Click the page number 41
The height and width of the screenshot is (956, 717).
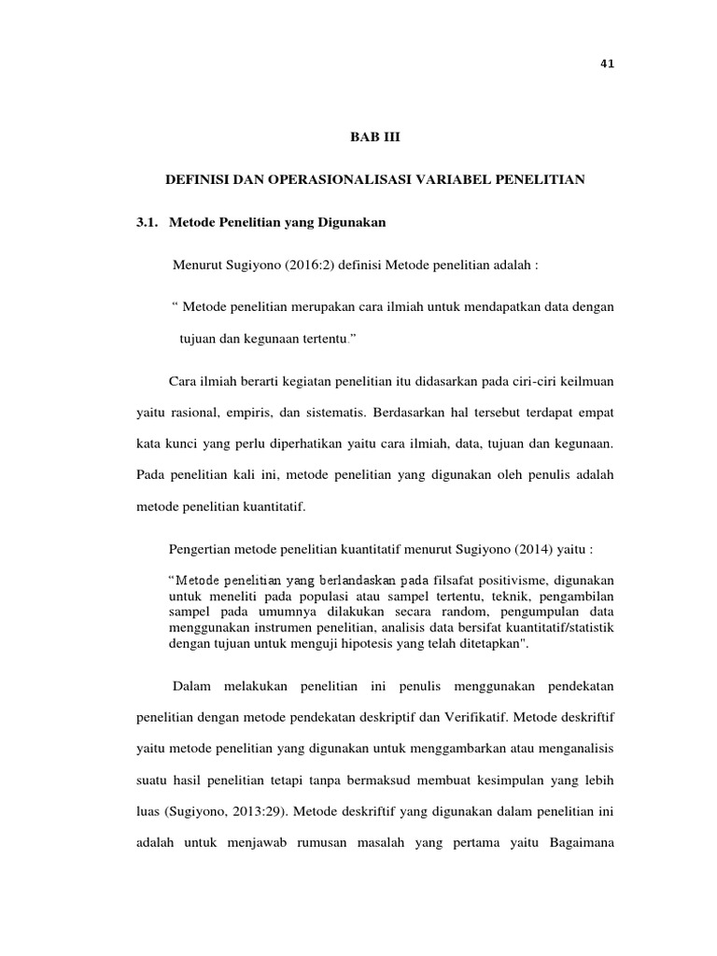[608, 63]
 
